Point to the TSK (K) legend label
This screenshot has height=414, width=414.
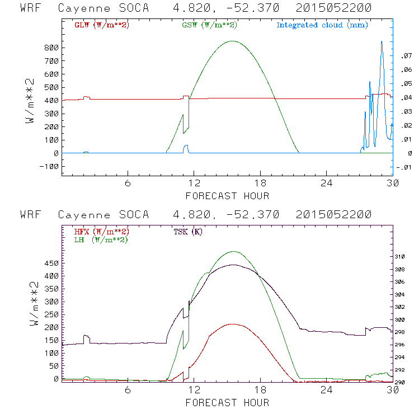[187, 232]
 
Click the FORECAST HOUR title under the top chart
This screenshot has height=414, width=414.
[227, 196]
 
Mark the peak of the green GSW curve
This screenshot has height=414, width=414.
[233, 41]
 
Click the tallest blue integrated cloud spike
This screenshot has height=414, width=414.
[382, 41]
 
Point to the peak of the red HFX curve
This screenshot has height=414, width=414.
[232, 324]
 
